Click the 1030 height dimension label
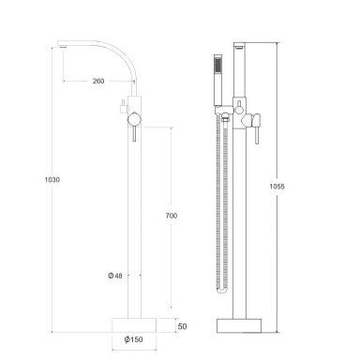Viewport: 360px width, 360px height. (52, 180)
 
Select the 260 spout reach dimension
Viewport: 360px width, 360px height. (98, 81)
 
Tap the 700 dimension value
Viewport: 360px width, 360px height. (172, 216)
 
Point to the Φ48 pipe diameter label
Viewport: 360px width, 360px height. (115, 276)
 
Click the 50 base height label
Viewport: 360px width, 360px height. (182, 326)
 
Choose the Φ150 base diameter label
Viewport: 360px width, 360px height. (134, 339)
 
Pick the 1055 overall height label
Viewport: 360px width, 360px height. (277, 187)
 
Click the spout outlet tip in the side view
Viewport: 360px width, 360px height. (64, 46)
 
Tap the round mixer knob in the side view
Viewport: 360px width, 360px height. (135, 119)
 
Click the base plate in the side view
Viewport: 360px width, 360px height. (134, 325)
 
